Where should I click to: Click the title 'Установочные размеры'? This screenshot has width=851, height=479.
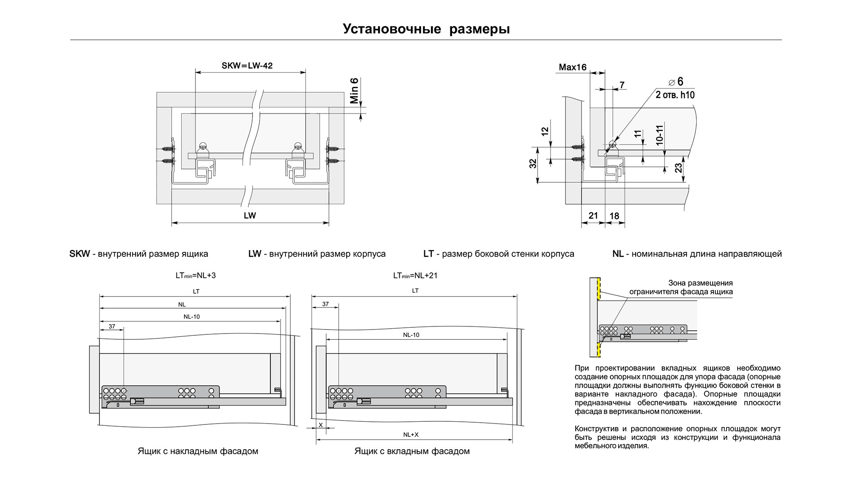tap(426, 29)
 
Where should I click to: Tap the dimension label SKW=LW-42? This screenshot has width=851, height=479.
tap(247, 66)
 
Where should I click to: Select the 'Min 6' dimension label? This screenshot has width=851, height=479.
tap(354, 91)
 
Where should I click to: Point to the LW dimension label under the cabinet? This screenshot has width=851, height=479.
tap(250, 216)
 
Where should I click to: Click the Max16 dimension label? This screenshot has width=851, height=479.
tap(572, 67)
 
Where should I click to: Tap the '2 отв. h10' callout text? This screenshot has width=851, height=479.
tap(675, 95)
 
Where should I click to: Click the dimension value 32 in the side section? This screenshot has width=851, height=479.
tap(533, 163)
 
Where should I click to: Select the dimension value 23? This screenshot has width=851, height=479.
tap(679, 168)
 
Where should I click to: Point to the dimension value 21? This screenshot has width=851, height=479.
tap(593, 216)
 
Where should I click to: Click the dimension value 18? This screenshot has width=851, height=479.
tap(614, 216)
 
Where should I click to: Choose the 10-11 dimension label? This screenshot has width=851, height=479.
tap(659, 135)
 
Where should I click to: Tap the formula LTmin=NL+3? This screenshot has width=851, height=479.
tap(195, 275)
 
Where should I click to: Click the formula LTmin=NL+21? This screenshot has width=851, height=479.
tap(415, 275)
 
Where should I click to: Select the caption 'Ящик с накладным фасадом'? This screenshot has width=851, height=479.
tap(198, 452)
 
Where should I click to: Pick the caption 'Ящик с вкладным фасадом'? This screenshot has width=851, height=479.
tap(412, 452)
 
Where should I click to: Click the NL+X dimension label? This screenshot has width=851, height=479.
tap(411, 435)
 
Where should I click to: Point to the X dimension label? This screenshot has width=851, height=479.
tap(320, 425)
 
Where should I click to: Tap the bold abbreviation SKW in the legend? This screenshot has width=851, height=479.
tap(80, 254)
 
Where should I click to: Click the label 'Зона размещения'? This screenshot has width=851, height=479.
tap(700, 283)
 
